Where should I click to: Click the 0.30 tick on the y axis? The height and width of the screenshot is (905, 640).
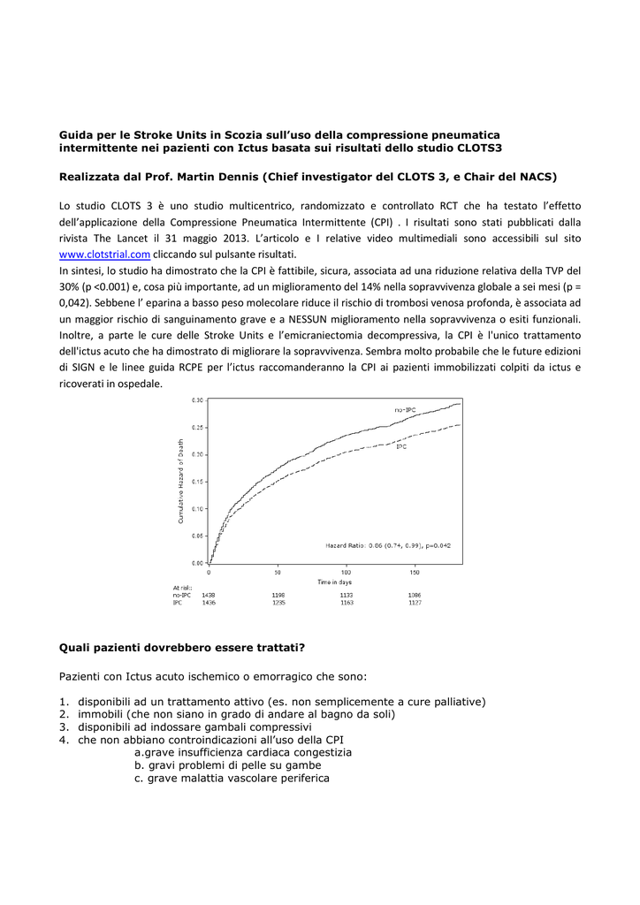(x=197, y=400)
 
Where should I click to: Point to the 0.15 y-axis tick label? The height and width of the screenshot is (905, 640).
(x=197, y=482)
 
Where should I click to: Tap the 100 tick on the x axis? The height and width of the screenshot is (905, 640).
(x=346, y=573)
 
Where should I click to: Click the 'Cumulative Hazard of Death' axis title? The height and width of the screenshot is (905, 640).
(x=181, y=482)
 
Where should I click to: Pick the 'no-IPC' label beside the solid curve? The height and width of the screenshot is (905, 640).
(x=405, y=409)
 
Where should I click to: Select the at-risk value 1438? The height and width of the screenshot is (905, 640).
(x=209, y=595)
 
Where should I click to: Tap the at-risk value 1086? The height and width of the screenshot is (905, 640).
(x=415, y=595)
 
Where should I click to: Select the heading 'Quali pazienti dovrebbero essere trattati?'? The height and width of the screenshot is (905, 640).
(x=182, y=647)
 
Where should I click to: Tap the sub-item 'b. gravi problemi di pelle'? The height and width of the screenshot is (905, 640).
(x=227, y=764)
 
